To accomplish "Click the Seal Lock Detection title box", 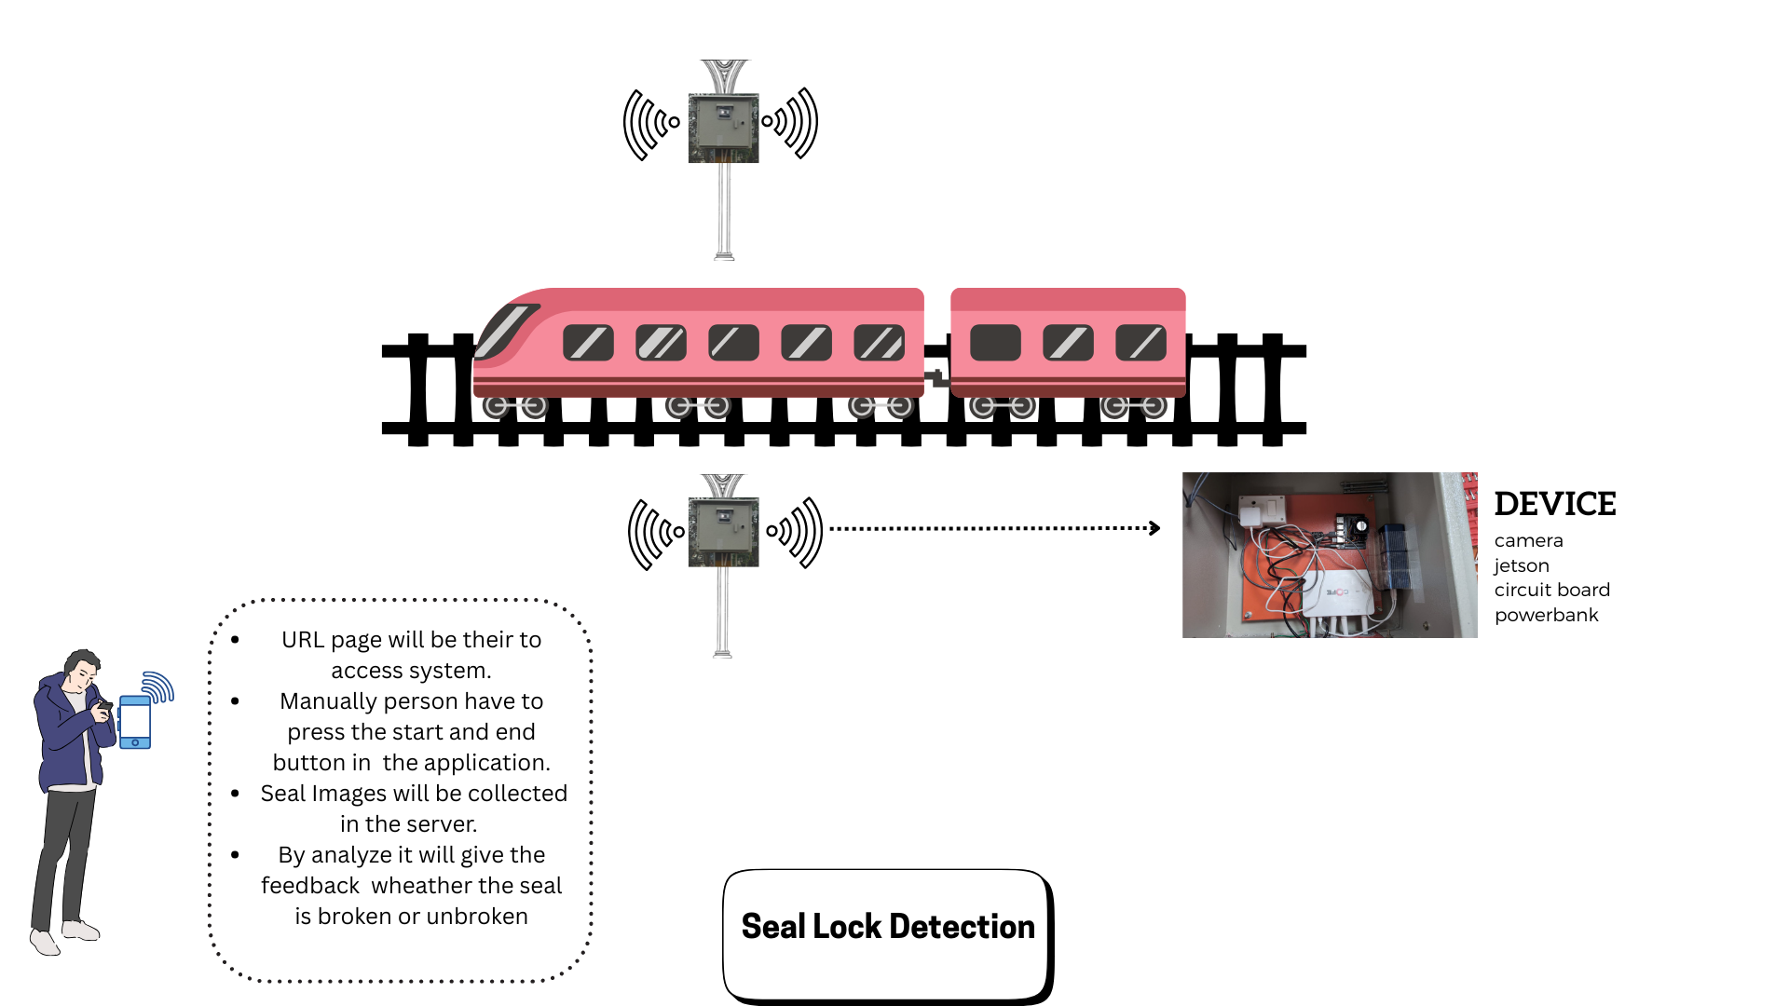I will tap(887, 933).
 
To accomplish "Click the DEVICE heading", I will tap(1554, 504).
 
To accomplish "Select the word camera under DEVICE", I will tap(1528, 541).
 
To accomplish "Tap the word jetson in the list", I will tap(1522, 565).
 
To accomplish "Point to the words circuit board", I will tap(1551, 590).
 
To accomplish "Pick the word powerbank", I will tap(1546, 615).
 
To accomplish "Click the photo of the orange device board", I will tap(1329, 555).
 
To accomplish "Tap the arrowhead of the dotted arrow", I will tap(1154, 528).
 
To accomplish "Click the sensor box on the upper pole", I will tap(723, 128).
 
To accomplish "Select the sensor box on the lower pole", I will tap(723, 533).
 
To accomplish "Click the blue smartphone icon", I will tap(135, 722).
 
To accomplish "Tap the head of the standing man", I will tap(82, 668).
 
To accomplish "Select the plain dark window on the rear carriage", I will tap(994, 343).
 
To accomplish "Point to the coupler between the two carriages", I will tap(937, 377).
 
